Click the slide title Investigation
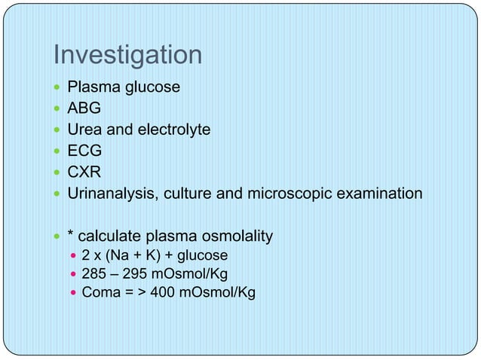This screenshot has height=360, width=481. click(x=127, y=56)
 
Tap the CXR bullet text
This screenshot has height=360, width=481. click(x=84, y=172)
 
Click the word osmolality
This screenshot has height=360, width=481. click(x=235, y=238)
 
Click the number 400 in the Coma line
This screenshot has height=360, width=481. click(x=164, y=292)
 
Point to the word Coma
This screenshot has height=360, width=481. click(x=100, y=292)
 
